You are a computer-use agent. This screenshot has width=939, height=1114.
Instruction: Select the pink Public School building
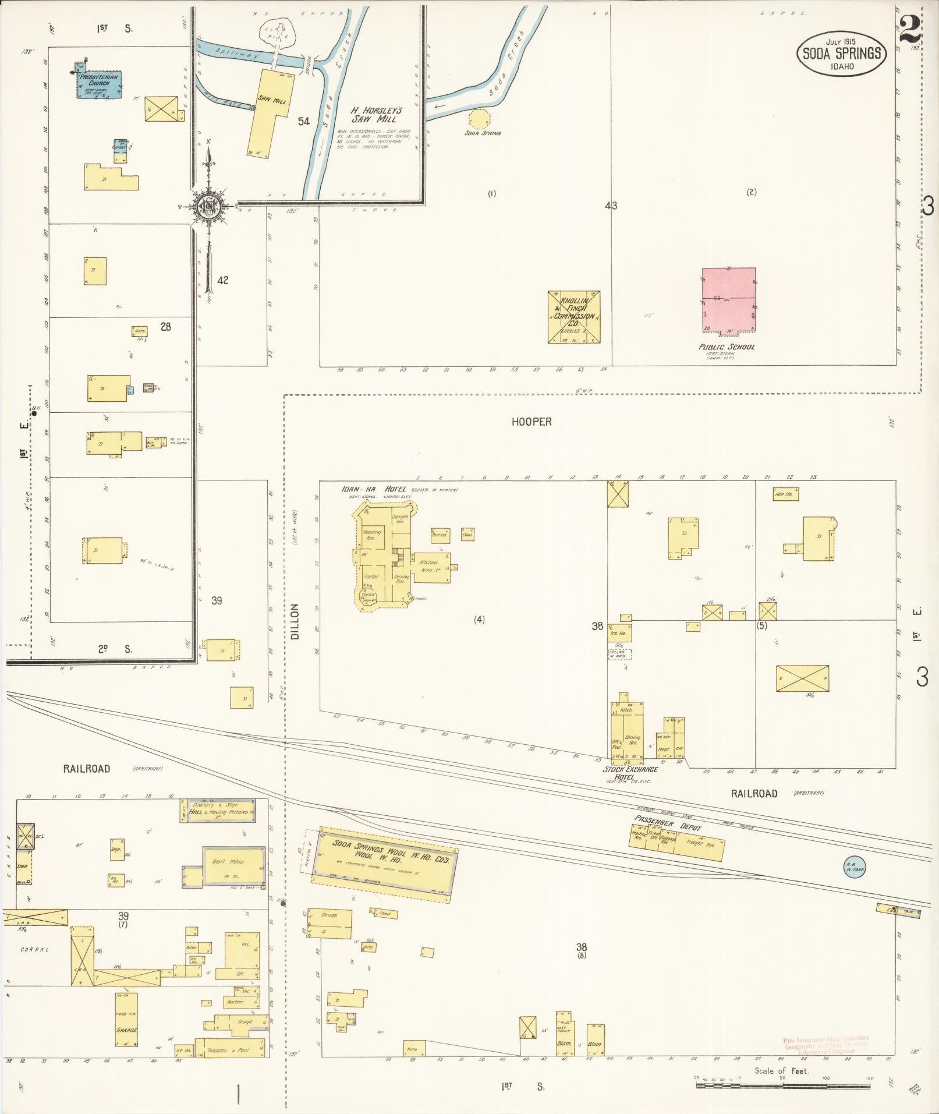point(728,300)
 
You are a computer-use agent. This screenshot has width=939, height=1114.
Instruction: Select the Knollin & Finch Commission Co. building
point(573,317)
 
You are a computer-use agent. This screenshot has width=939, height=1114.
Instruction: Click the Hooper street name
point(531,422)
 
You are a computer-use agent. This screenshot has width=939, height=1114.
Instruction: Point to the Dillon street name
point(294,621)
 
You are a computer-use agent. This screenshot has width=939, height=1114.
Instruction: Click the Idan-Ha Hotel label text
point(373,489)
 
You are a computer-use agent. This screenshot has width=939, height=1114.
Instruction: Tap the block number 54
point(303,121)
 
